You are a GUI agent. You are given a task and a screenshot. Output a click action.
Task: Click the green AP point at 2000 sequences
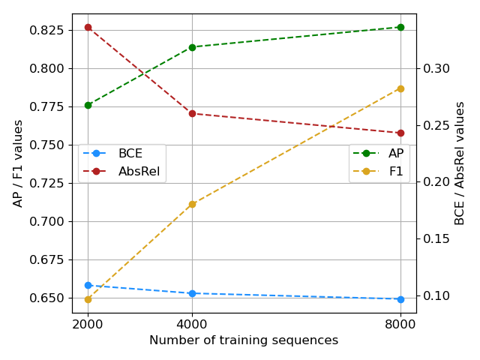(x=88, y=105)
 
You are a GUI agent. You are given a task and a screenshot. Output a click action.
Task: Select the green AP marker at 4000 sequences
(x=192, y=47)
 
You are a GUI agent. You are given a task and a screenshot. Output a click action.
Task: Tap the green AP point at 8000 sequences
(x=400, y=27)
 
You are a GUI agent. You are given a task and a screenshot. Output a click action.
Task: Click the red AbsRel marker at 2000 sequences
(x=88, y=27)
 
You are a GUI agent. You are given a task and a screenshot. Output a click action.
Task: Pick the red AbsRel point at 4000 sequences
(x=192, y=113)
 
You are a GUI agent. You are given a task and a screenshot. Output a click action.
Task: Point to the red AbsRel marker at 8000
(x=400, y=133)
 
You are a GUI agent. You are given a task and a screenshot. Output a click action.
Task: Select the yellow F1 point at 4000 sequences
(x=192, y=204)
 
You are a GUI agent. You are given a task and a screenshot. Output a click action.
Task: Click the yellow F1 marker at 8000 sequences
(x=400, y=88)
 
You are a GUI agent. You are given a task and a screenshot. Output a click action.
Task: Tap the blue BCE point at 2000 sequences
(x=88, y=285)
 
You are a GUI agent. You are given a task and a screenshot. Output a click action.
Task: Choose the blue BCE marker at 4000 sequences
(x=192, y=293)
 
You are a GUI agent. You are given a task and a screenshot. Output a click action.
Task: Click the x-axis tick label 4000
(x=192, y=324)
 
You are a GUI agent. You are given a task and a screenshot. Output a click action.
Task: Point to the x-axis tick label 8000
(x=400, y=324)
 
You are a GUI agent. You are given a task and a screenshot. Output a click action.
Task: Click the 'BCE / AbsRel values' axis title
(x=460, y=163)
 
